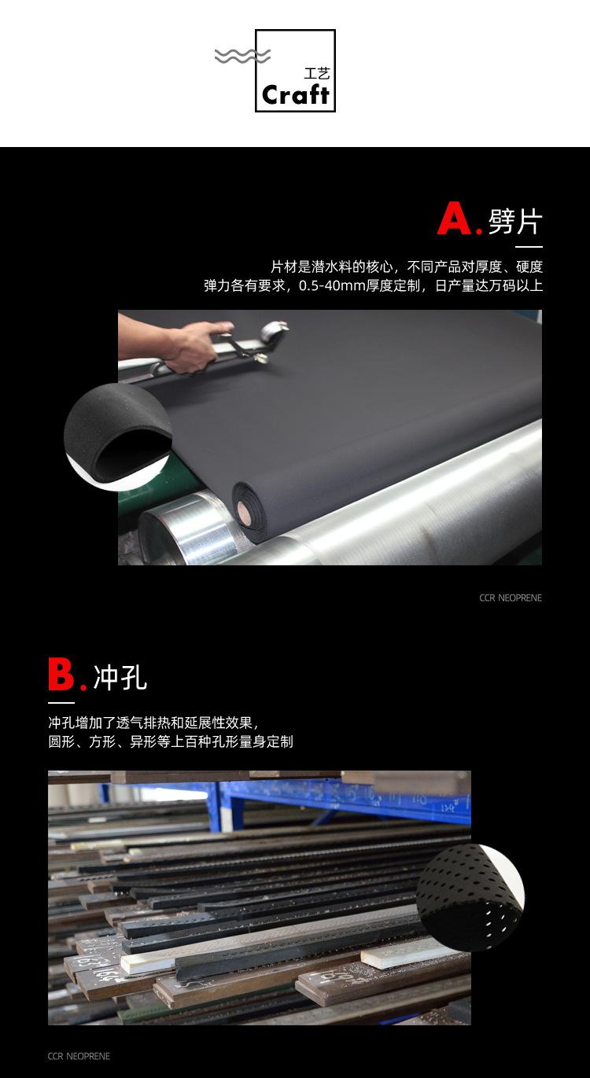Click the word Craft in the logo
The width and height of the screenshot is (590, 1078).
tap(295, 95)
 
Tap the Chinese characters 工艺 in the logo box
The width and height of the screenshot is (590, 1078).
tap(316, 74)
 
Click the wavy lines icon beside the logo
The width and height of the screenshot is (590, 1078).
tap(242, 56)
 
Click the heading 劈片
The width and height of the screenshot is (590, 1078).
tap(515, 221)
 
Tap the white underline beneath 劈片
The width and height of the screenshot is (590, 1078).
tap(529, 247)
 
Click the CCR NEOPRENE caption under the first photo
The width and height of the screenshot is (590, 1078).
tap(511, 598)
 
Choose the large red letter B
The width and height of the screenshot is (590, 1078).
tap(61, 675)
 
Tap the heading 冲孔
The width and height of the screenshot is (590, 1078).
tap(120, 677)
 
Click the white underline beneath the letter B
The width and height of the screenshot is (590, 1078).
tap(61, 702)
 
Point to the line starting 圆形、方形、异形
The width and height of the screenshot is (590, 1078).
tap(170, 741)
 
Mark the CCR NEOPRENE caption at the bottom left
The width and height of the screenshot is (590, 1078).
tap(79, 1056)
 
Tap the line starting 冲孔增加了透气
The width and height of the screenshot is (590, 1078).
tap(153, 722)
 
